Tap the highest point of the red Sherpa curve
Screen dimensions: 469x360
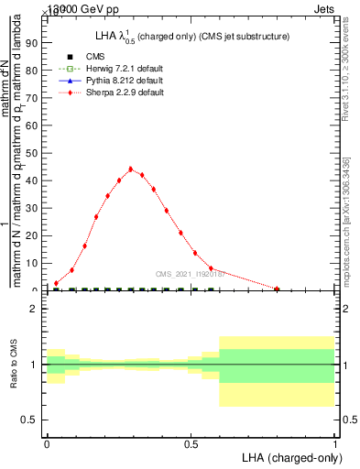coord(130,169)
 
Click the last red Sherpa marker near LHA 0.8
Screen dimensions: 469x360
coord(277,289)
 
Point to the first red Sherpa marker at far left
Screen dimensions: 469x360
coord(56,283)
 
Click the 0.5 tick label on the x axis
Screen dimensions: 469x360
coord(191,443)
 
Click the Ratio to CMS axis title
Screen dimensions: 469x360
coord(14,364)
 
